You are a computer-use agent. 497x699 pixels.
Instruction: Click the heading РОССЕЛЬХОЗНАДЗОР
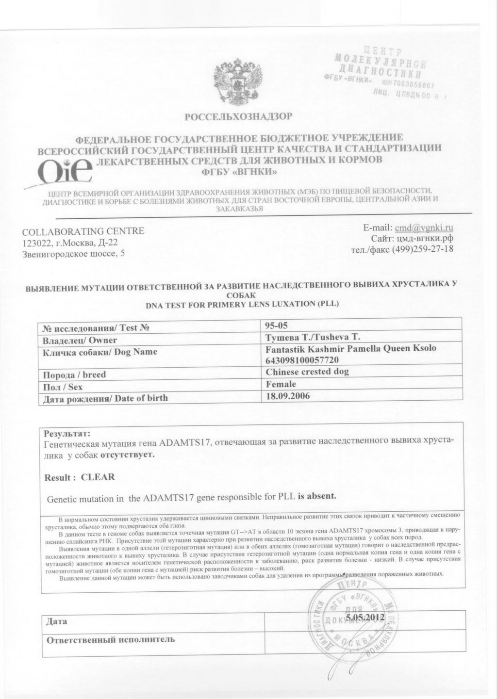239,116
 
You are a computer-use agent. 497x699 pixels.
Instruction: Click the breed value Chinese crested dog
308,372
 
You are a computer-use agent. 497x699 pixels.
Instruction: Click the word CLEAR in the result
98,477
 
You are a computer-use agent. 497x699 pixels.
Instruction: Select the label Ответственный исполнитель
110,639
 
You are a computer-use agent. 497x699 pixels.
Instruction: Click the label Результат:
67,433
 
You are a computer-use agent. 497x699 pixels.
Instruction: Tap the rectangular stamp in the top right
386,73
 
